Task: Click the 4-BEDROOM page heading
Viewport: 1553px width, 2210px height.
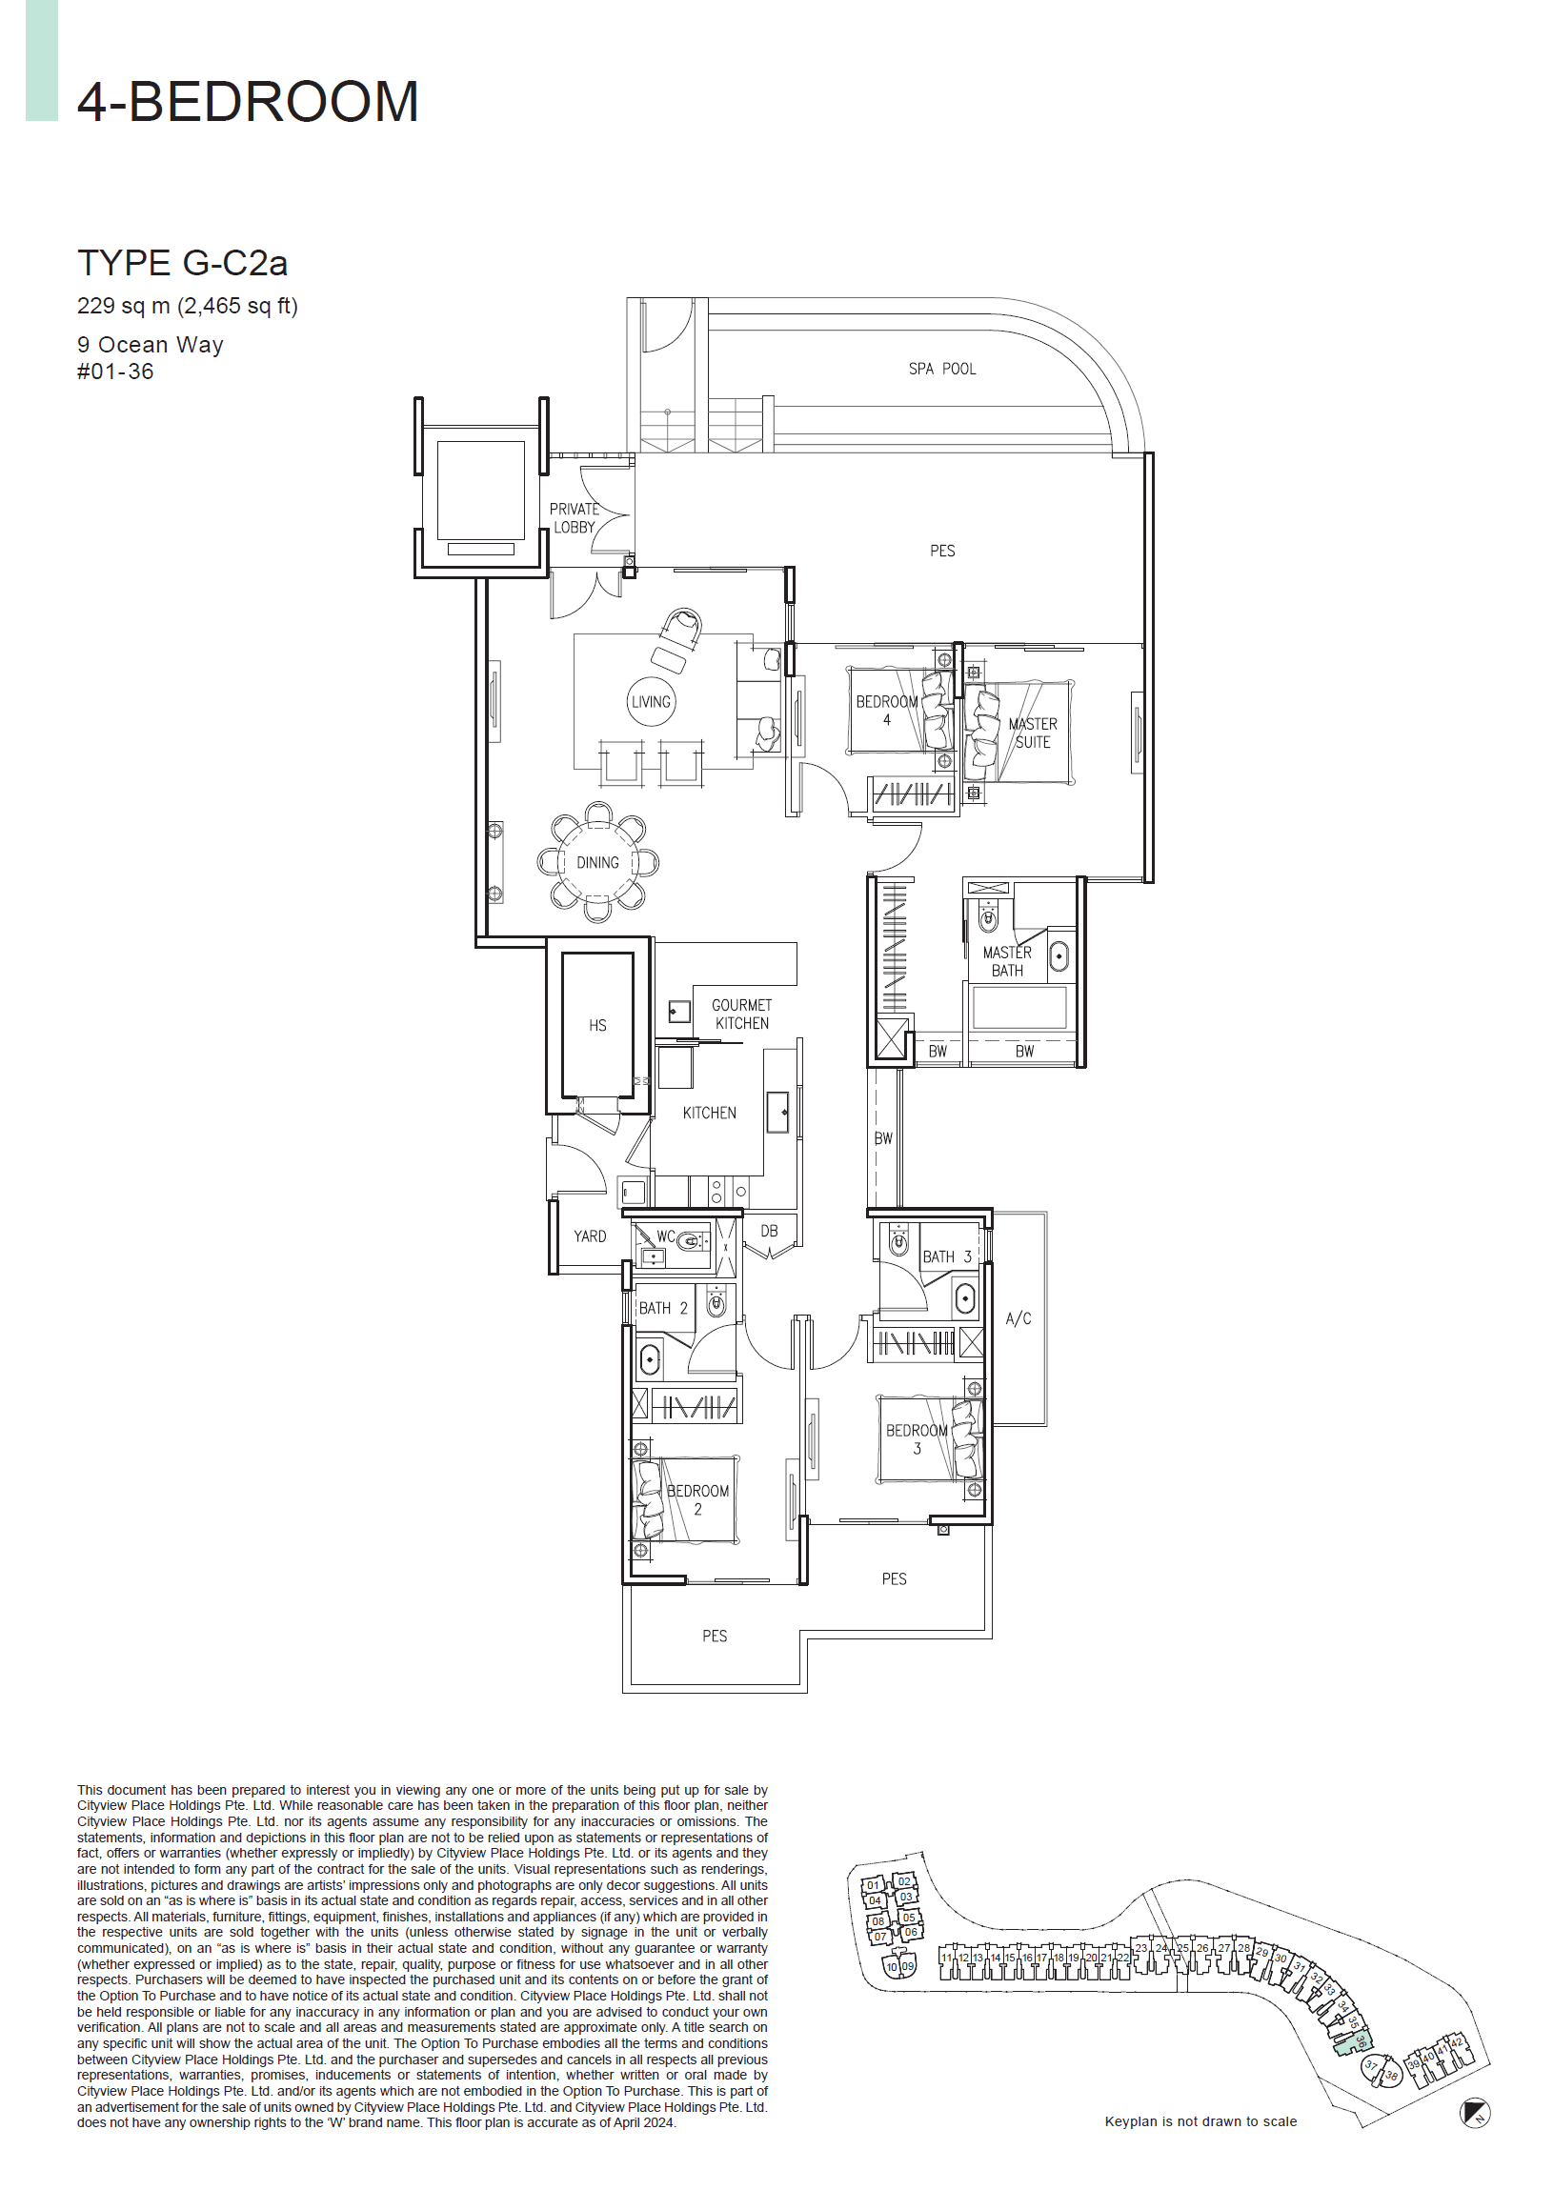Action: pos(248,102)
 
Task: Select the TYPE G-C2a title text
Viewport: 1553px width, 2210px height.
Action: pos(182,263)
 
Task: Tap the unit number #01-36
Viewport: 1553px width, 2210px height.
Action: pos(114,372)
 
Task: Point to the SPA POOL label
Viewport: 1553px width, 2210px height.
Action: pos(940,369)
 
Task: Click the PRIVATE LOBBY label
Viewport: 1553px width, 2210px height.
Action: pos(574,518)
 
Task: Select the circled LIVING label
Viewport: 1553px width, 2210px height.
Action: pos(650,702)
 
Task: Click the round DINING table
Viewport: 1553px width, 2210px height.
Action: pos(597,862)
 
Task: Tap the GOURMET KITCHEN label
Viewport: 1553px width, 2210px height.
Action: pos(740,1014)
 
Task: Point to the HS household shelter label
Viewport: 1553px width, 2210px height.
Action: pos(597,1025)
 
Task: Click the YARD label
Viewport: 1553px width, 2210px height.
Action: pos(589,1236)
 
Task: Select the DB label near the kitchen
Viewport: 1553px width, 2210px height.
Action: pos(768,1231)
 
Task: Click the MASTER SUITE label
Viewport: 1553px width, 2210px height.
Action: pos(1031,733)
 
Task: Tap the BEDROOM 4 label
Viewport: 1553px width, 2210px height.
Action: pos(886,711)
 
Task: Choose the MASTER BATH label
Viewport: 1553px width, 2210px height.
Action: pos(1006,960)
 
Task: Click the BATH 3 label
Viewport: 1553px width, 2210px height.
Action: pos(945,1256)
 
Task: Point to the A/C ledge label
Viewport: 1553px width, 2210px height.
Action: pos(1018,1317)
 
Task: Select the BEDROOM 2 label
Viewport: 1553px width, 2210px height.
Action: pos(697,1498)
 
